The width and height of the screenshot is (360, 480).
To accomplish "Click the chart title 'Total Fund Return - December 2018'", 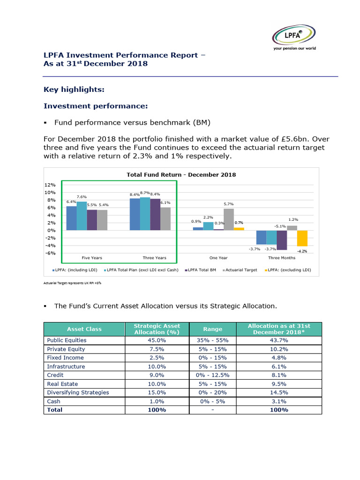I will pos(181,174).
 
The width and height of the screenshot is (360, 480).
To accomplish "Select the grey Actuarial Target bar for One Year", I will pos(229,219).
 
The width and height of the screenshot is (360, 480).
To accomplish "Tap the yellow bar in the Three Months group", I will pos(302,238).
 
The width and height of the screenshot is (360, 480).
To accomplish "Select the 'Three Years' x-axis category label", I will pos(154,258).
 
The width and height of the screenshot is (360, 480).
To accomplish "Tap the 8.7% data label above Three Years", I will pos(145,193).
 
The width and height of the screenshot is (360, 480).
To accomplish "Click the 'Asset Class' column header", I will pos(84,329).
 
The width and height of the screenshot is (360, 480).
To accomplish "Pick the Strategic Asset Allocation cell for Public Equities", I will pos(157,340).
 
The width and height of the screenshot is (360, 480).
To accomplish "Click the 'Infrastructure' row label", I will pos(66,367).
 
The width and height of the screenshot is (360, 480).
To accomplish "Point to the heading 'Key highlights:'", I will pos(74,89).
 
